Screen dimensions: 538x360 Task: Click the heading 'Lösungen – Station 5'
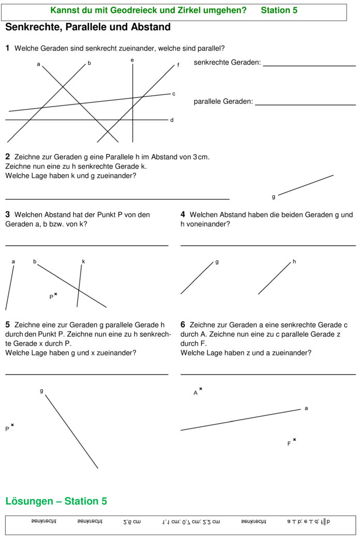(x=56, y=501)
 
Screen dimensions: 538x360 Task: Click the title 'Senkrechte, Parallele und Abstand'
(x=88, y=27)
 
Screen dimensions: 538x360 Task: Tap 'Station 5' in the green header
(x=279, y=10)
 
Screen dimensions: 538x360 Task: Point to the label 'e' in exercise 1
(x=132, y=61)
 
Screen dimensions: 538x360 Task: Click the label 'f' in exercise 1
(x=178, y=65)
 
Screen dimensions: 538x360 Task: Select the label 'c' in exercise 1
(x=174, y=94)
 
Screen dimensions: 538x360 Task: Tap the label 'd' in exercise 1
(x=172, y=120)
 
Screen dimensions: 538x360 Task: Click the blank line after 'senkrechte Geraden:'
(x=309, y=65)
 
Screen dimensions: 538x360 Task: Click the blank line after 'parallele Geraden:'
(x=305, y=104)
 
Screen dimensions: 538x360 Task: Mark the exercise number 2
(x=8, y=156)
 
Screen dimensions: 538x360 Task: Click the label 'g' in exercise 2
(x=274, y=197)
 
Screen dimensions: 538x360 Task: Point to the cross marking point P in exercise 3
(x=55, y=294)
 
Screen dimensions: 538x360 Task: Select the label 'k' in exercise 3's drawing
(x=83, y=262)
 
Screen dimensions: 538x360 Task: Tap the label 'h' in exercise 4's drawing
(x=294, y=262)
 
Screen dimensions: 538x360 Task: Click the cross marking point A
(x=201, y=388)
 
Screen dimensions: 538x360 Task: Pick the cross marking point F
(x=294, y=440)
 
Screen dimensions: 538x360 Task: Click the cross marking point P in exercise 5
(x=12, y=425)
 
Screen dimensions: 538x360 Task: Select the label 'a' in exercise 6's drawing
(x=306, y=408)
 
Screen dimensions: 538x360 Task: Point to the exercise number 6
(x=183, y=325)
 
